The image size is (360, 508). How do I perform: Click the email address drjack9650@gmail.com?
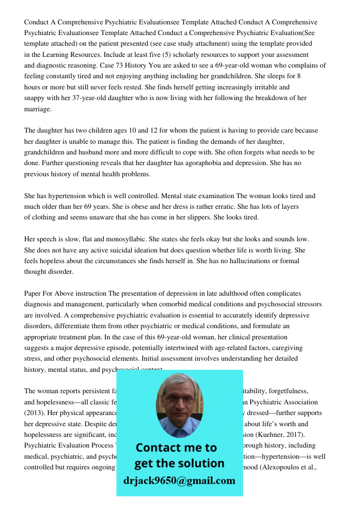tap(179, 481)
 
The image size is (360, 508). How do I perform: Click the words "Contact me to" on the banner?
tap(176, 448)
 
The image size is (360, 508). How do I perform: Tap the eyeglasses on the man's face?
tap(179, 399)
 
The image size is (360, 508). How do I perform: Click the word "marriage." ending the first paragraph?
tap(38, 109)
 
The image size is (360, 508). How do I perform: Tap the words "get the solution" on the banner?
tap(179, 463)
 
